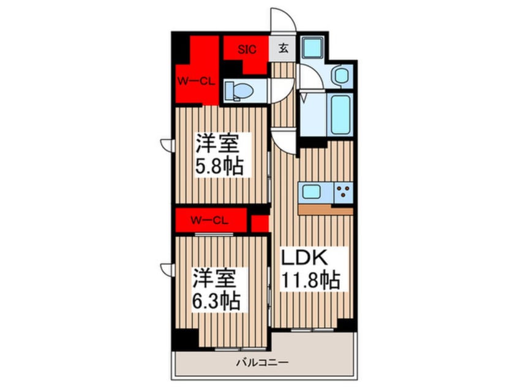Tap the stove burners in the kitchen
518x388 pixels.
point(342,192)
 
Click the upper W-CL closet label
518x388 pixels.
point(195,81)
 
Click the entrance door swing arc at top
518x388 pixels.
point(284,22)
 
